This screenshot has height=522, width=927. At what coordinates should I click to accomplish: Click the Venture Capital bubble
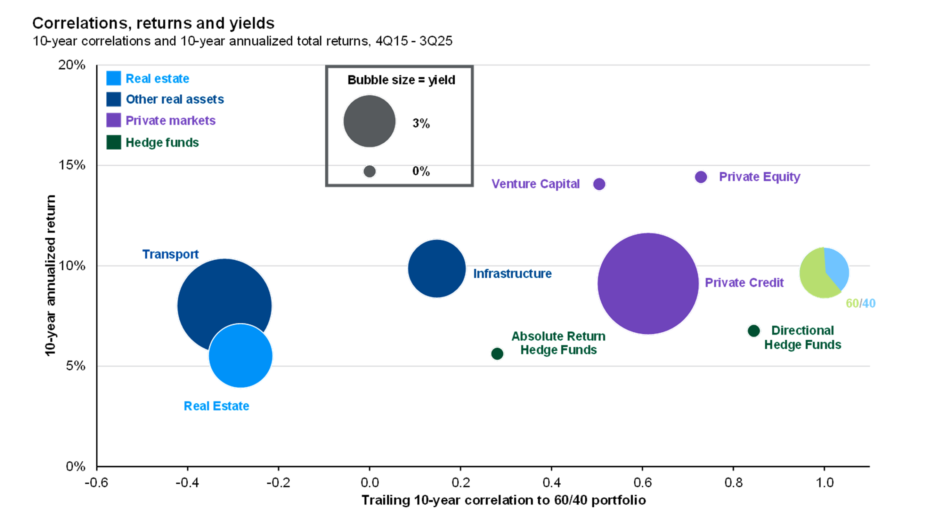click(x=599, y=184)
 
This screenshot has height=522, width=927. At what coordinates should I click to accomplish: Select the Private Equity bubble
click(x=701, y=177)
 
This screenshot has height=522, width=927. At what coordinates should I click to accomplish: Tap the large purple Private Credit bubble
click(x=648, y=284)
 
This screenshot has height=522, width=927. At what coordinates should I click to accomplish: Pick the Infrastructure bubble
click(x=437, y=268)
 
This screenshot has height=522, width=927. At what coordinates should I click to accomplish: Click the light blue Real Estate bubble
click(x=241, y=356)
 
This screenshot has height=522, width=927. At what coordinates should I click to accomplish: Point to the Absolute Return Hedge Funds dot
click(x=497, y=354)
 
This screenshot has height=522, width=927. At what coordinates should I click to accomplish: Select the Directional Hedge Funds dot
click(x=754, y=331)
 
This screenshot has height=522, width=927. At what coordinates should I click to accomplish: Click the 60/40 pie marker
click(x=824, y=273)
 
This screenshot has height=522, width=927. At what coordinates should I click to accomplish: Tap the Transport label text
click(x=170, y=254)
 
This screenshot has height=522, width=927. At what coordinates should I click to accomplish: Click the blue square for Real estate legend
click(x=114, y=79)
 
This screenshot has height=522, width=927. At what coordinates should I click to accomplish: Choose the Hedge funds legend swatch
click(x=114, y=142)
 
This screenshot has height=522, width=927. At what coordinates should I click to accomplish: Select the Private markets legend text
click(x=170, y=121)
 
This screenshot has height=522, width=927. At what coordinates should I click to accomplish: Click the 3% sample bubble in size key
click(x=369, y=121)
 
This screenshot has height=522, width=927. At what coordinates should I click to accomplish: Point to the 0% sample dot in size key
click(x=369, y=172)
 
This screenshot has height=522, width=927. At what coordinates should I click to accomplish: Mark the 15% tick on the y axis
click(x=72, y=165)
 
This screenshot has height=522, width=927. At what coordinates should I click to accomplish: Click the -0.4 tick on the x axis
click(x=187, y=482)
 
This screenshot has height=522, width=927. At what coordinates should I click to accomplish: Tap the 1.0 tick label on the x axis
click(x=824, y=482)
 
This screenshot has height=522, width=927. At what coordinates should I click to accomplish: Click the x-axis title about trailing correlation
click(x=503, y=500)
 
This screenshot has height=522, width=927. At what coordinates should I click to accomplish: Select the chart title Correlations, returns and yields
click(x=153, y=23)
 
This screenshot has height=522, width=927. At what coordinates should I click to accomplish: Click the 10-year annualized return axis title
click(x=50, y=276)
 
